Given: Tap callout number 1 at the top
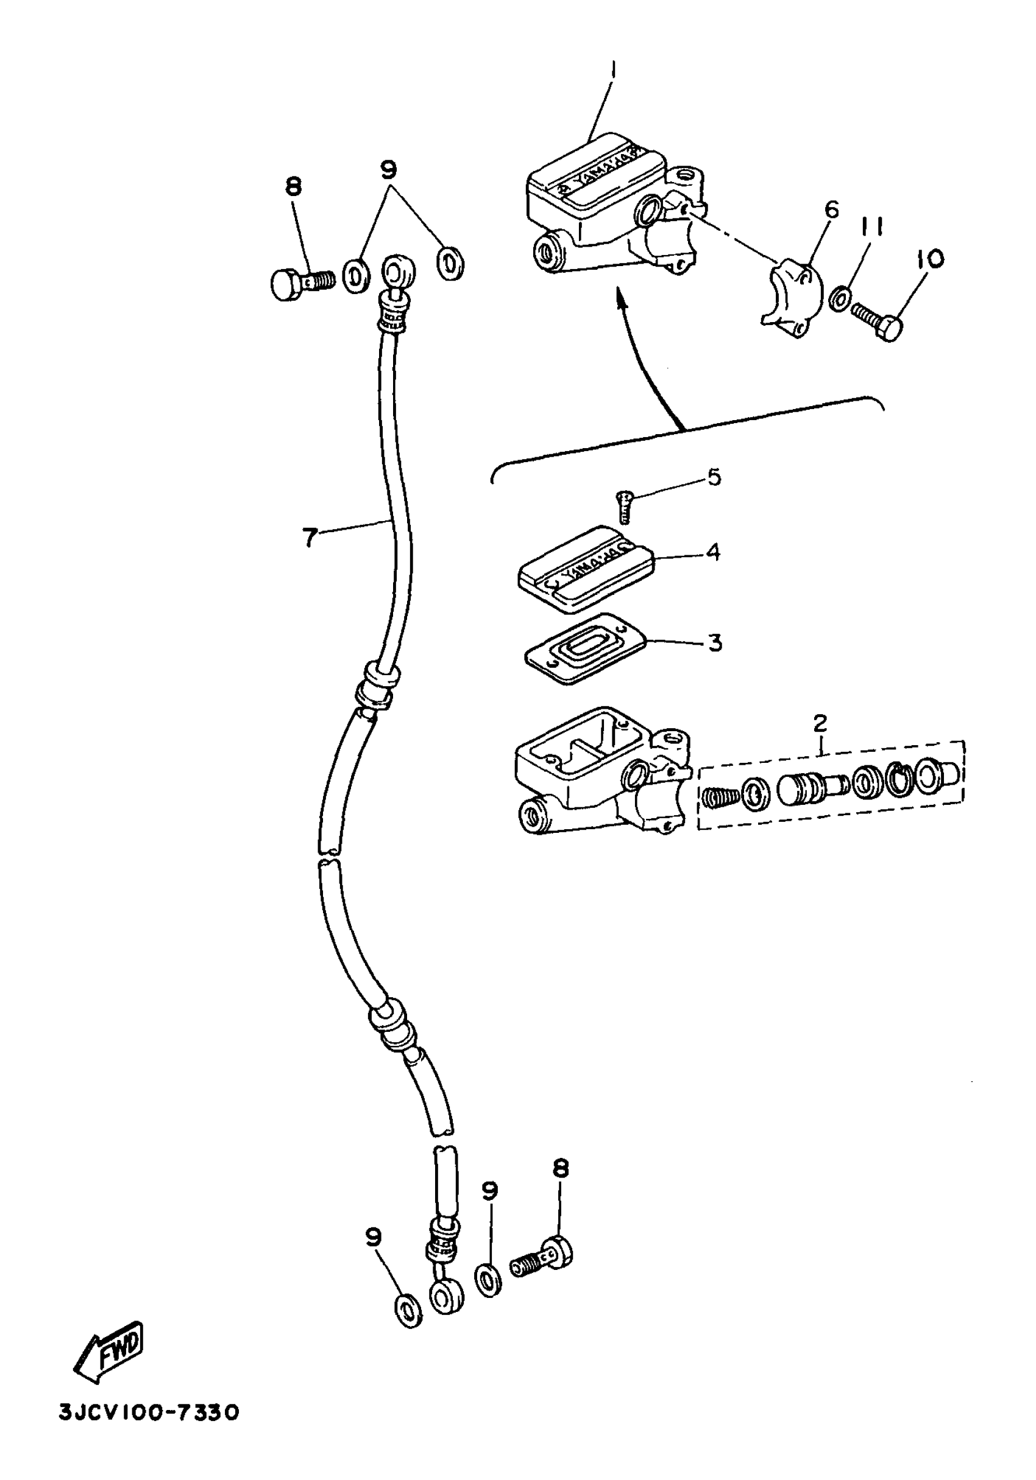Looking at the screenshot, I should (x=614, y=69).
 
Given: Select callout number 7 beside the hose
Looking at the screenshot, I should (x=310, y=536).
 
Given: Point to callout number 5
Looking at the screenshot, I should (x=714, y=477).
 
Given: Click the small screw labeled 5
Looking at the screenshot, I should (x=623, y=506).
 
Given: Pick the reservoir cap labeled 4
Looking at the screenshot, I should (x=586, y=568).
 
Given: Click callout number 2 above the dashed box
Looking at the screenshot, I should (x=820, y=723).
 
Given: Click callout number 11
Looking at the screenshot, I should (x=870, y=226).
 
